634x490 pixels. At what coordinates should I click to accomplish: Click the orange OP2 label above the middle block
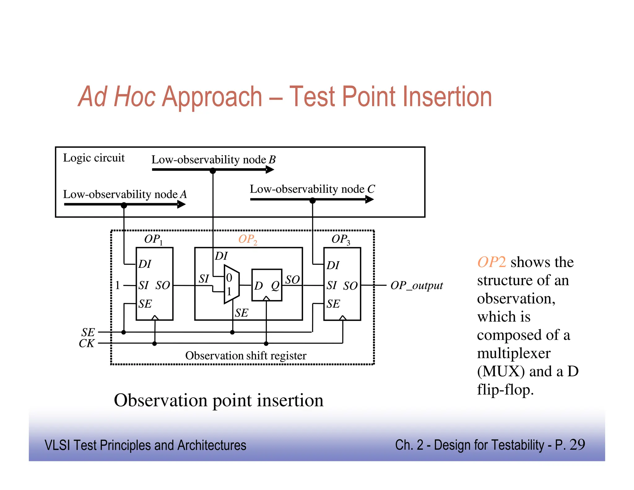(x=247, y=239)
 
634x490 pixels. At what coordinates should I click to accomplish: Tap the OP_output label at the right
(x=416, y=285)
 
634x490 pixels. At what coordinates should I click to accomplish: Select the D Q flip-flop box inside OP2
(x=267, y=285)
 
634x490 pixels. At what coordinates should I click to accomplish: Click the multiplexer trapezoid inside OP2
(x=231, y=284)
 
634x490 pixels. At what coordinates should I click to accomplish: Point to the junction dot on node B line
(x=213, y=171)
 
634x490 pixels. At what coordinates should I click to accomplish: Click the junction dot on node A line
(x=124, y=205)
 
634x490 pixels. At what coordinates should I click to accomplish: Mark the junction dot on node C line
(x=313, y=201)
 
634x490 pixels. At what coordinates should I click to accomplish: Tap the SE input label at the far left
(x=88, y=332)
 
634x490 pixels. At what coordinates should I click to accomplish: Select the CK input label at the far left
(x=86, y=343)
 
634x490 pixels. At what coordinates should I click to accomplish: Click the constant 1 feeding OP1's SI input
(x=117, y=285)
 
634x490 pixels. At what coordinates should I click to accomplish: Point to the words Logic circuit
(x=94, y=158)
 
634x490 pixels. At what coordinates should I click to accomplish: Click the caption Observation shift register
(x=245, y=356)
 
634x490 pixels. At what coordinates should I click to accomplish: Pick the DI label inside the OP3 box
(x=333, y=265)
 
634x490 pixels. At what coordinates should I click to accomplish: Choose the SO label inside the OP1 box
(x=163, y=285)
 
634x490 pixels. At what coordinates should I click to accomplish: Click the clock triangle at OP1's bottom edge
(x=155, y=318)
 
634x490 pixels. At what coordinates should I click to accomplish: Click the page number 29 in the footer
(x=577, y=445)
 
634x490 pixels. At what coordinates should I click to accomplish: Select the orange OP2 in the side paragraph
(x=491, y=262)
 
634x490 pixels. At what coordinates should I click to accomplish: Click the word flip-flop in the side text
(x=505, y=389)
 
